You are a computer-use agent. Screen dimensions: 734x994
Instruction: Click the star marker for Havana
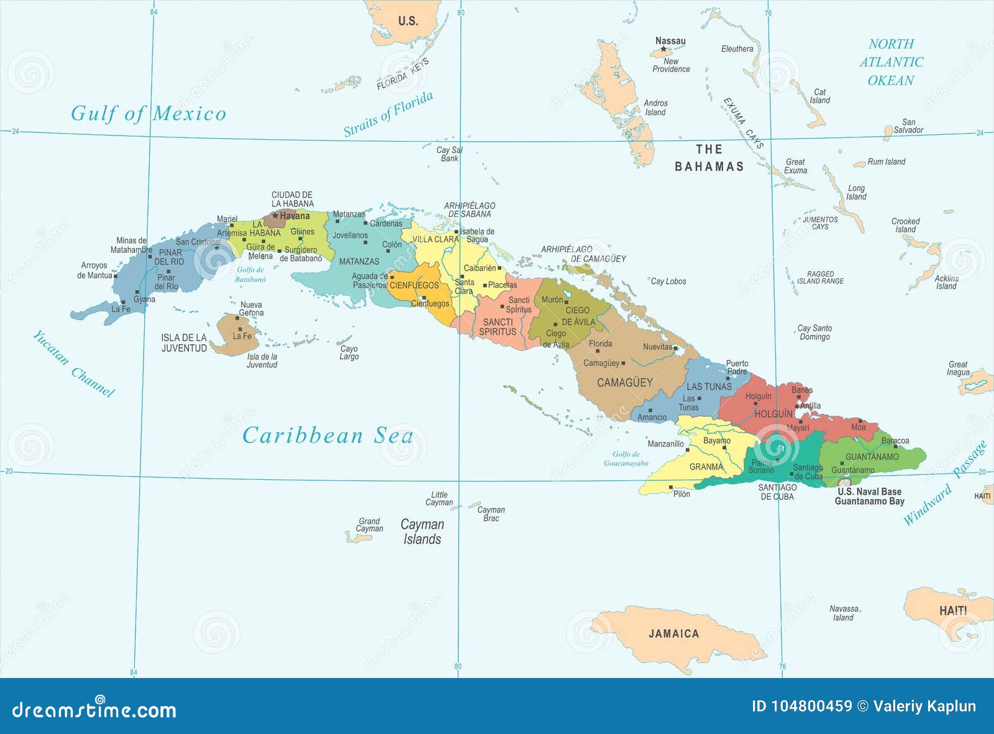point(275,216)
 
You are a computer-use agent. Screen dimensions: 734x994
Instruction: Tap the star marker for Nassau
point(663,49)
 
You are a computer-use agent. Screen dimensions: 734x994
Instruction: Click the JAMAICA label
point(673,633)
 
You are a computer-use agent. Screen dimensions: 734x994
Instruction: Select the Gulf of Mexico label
point(148,113)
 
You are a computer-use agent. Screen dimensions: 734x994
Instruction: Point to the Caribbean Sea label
point(327,435)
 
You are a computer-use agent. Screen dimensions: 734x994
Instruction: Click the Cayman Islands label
point(422,531)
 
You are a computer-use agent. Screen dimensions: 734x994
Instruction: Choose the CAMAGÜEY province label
point(624,382)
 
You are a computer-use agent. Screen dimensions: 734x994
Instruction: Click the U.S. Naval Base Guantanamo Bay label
point(869,496)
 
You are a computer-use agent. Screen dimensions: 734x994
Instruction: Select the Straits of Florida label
point(388,114)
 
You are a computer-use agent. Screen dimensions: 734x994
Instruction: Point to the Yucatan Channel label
point(73,364)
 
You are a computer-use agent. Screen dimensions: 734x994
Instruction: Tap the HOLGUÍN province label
point(773,413)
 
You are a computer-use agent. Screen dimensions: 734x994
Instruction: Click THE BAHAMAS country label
point(709,158)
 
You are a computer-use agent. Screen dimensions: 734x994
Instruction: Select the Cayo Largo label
point(349,352)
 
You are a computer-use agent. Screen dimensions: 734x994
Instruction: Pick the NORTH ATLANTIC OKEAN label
point(891,62)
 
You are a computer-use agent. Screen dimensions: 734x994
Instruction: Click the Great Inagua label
point(958,369)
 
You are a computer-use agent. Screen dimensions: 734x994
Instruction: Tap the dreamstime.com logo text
point(94,709)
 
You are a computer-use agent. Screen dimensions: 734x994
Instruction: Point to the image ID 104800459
point(801,706)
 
